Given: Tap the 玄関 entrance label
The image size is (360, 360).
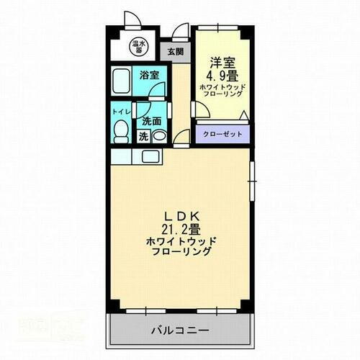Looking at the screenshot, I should click(x=175, y=51).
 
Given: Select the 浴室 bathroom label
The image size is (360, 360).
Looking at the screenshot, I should click(x=149, y=74).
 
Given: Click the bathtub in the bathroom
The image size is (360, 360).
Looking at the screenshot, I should click(x=122, y=84).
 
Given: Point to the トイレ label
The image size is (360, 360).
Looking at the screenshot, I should click(x=120, y=113).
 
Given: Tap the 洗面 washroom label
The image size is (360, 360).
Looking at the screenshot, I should click(x=150, y=122).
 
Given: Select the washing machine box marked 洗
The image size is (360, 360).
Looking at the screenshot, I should click(x=143, y=135).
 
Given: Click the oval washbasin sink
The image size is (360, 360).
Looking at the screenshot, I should click(x=159, y=136).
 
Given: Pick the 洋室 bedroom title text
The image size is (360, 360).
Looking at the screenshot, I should click(x=220, y=62).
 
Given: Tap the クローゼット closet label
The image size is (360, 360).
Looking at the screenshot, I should click(x=222, y=134).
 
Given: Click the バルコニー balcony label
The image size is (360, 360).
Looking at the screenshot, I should click(x=180, y=331).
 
